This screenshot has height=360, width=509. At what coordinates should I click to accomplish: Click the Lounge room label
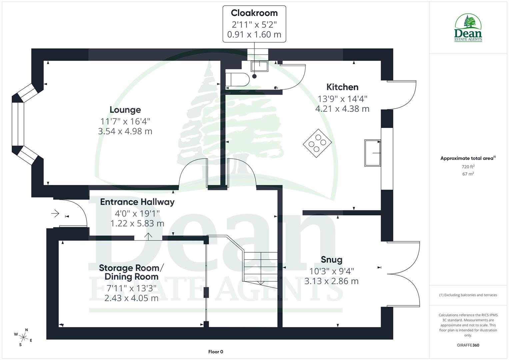click(x=125, y=110)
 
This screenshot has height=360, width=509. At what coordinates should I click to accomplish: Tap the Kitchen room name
click(x=342, y=87)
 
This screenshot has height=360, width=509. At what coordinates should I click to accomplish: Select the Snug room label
click(x=331, y=259)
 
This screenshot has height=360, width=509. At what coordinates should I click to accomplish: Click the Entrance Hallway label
click(x=137, y=202)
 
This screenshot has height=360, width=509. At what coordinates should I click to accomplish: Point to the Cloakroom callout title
click(x=254, y=13)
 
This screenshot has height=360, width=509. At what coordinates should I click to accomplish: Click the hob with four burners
click(x=317, y=143)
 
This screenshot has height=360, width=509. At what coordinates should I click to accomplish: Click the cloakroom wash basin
click(x=259, y=66)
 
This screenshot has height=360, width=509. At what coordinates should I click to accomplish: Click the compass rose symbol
click(x=23, y=337)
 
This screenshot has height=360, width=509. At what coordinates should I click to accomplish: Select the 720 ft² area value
click(x=468, y=167)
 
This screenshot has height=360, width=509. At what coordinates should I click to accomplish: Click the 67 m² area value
click(x=468, y=174)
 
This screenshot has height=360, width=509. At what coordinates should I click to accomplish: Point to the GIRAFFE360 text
click(x=468, y=345)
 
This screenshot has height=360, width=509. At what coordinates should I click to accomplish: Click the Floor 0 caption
click(x=216, y=352)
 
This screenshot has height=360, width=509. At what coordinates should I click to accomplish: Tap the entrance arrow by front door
click(x=55, y=213)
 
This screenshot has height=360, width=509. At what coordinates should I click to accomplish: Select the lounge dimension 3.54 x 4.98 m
click(x=125, y=131)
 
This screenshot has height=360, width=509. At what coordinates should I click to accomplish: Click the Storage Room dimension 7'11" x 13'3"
click(x=131, y=288)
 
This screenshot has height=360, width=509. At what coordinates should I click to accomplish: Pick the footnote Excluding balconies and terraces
click(x=468, y=295)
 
